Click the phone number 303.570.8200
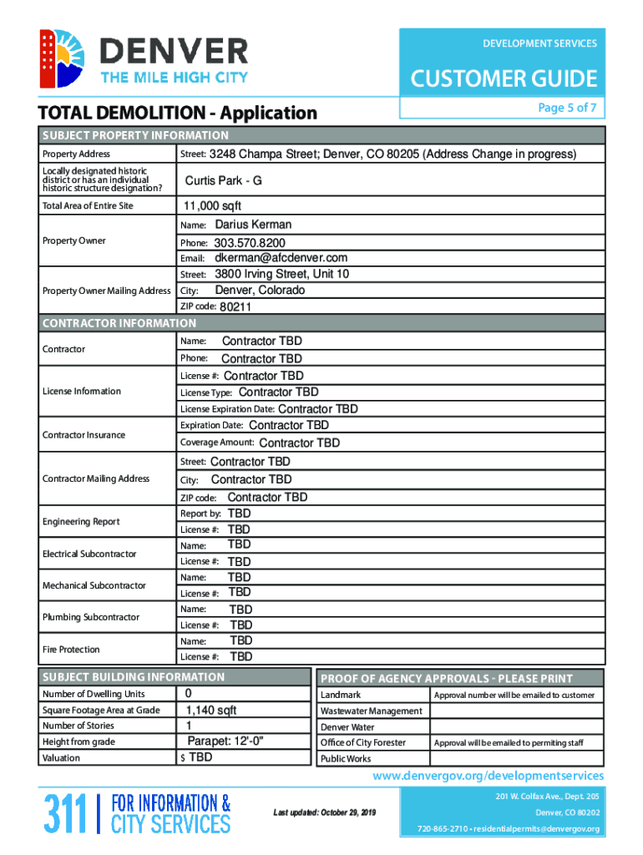pyautogui.click(x=250, y=243)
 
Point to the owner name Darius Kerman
pyautogui.click(x=253, y=225)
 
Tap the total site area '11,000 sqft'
pyautogui.click(x=212, y=206)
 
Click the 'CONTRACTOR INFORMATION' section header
pyautogui.click(x=119, y=323)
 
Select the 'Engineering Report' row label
pyautogui.click(x=81, y=522)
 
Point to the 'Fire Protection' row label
pyautogui.click(x=71, y=650)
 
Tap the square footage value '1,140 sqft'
pyautogui.click(x=210, y=711)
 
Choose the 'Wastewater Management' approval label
pyautogui.click(x=371, y=711)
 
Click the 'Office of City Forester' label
pyautogui.click(x=363, y=743)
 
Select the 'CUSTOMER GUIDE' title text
pyautogui.click(x=504, y=79)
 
